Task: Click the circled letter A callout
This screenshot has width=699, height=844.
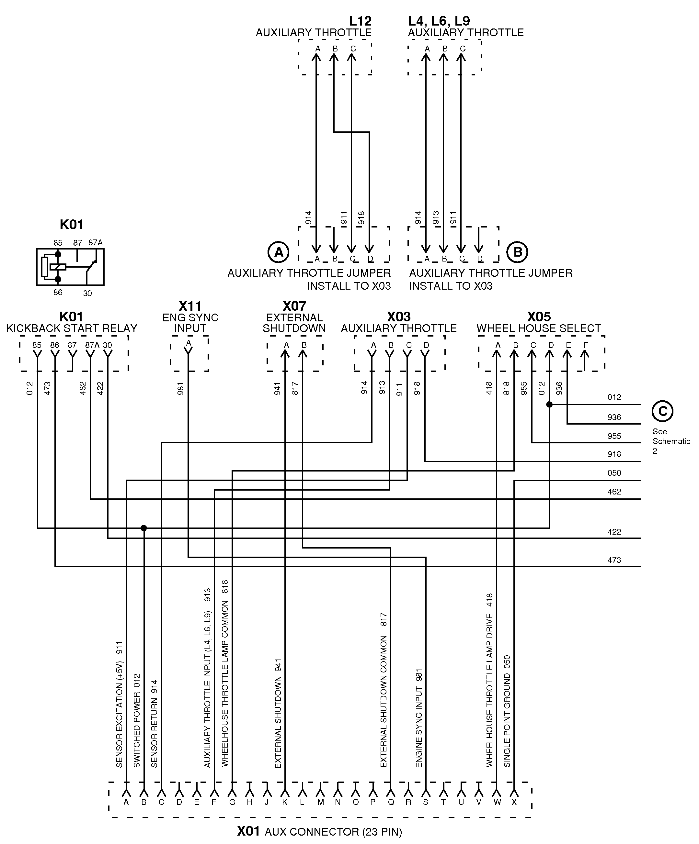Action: click(x=278, y=252)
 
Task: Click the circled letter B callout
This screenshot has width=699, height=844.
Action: click(x=517, y=252)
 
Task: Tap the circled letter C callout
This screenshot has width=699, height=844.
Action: click(x=662, y=411)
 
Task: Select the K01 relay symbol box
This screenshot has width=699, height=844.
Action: click(x=70, y=267)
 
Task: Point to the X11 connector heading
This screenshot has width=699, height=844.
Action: click(x=190, y=306)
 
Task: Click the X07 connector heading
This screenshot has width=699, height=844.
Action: click(x=294, y=306)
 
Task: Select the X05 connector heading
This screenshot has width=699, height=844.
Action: click(x=539, y=317)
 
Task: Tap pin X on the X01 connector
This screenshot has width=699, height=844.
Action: click(x=514, y=802)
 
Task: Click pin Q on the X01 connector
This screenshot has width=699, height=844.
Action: click(x=390, y=802)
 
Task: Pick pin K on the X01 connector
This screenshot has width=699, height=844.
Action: click(x=285, y=802)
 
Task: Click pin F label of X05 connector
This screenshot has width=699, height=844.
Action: click(x=586, y=345)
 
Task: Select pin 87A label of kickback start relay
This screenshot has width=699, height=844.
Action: click(x=92, y=345)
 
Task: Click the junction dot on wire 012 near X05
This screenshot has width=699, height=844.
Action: click(x=549, y=405)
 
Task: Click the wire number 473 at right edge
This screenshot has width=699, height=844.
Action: click(x=614, y=560)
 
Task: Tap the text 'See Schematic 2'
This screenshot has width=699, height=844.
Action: click(x=671, y=441)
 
